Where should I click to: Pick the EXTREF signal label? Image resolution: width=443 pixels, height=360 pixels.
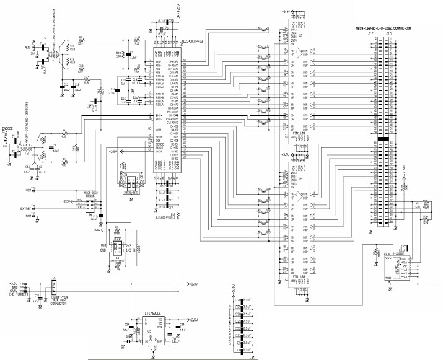pyautogui.click(x=25, y=209)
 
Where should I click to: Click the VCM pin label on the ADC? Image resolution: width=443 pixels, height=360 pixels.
pyautogui.click(x=150, y=128)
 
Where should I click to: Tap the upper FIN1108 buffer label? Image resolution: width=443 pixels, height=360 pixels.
pyautogui.click(x=298, y=133)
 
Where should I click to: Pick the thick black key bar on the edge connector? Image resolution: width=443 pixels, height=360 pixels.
pyautogui.click(x=384, y=141)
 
